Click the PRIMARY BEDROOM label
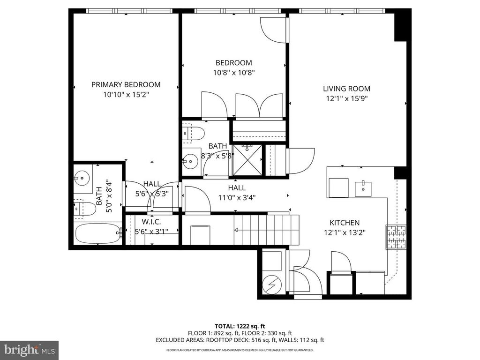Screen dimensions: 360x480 pos(126,85)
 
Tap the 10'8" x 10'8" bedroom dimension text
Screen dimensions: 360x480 pos(233,73)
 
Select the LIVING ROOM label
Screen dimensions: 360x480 pos(346,89)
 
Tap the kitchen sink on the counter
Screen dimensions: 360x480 pos(362,188)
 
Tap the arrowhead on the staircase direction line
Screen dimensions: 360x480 pos(237,230)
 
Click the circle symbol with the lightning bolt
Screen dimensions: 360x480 pos(271,283)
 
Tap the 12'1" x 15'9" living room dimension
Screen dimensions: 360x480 pos(346,99)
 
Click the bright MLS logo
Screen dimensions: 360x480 pos(29,349)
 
